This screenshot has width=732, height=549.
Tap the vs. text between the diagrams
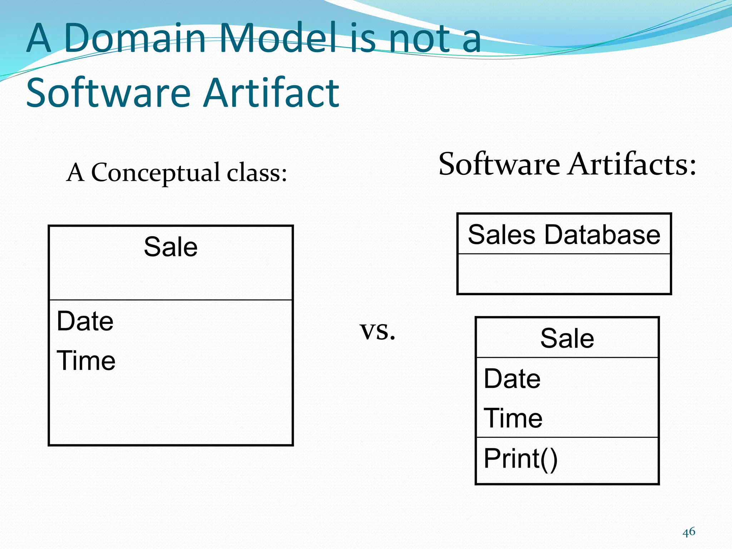click(x=377, y=331)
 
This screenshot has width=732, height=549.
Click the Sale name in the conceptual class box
click(x=170, y=247)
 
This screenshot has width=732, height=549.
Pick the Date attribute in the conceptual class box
click(x=85, y=321)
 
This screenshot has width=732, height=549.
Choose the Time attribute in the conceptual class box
click(x=86, y=360)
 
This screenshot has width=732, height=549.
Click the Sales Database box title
click(x=564, y=235)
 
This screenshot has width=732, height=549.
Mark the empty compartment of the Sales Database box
click(x=564, y=273)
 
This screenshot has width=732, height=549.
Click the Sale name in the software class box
click(x=567, y=338)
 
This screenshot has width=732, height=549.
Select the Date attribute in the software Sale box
click(x=512, y=379)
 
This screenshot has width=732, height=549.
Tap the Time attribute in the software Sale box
click(x=513, y=418)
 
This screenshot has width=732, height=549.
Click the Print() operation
click(x=520, y=459)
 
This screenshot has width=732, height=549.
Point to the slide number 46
click(x=689, y=532)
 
